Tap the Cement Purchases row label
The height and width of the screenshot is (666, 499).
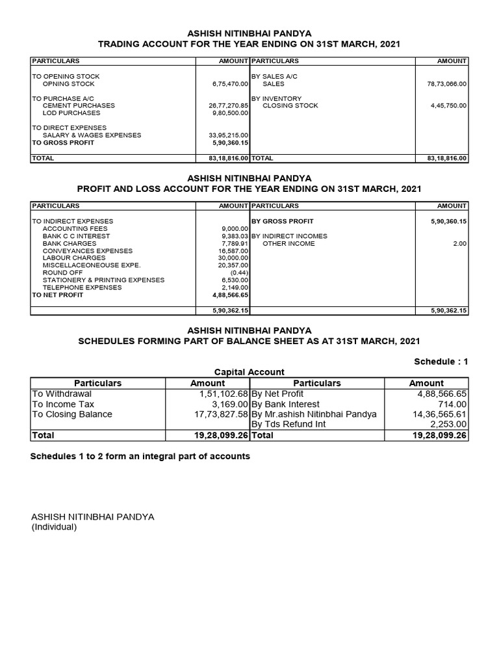79,105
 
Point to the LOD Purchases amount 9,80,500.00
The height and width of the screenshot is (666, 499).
230,113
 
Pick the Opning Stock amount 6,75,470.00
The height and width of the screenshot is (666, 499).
231,84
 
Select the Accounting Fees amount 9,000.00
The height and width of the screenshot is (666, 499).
235,229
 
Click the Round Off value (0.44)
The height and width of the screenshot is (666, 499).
240,273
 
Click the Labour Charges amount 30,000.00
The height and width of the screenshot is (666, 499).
233,258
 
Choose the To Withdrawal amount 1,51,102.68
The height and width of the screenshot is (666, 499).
215,393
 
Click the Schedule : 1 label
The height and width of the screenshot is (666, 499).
440,362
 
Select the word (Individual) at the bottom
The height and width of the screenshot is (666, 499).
54,527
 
